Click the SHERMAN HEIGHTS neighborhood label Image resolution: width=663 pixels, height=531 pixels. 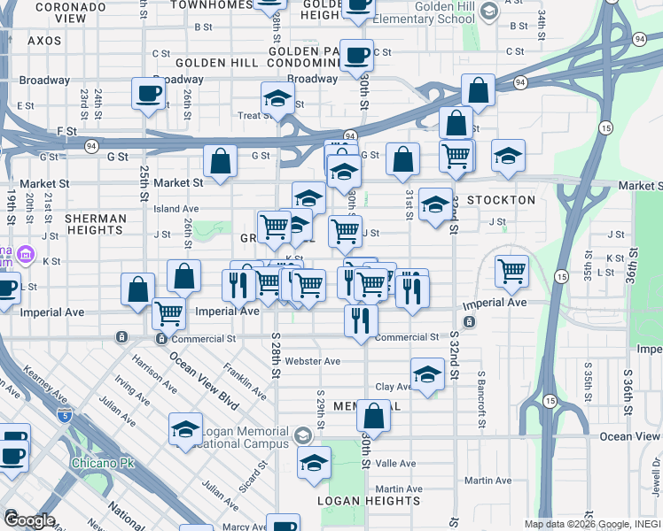tap(94, 224)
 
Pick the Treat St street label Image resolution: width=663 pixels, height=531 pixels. tap(254, 115)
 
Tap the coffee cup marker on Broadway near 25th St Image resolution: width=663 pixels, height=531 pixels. tap(148, 93)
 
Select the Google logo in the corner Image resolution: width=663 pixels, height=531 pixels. tap(28, 520)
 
